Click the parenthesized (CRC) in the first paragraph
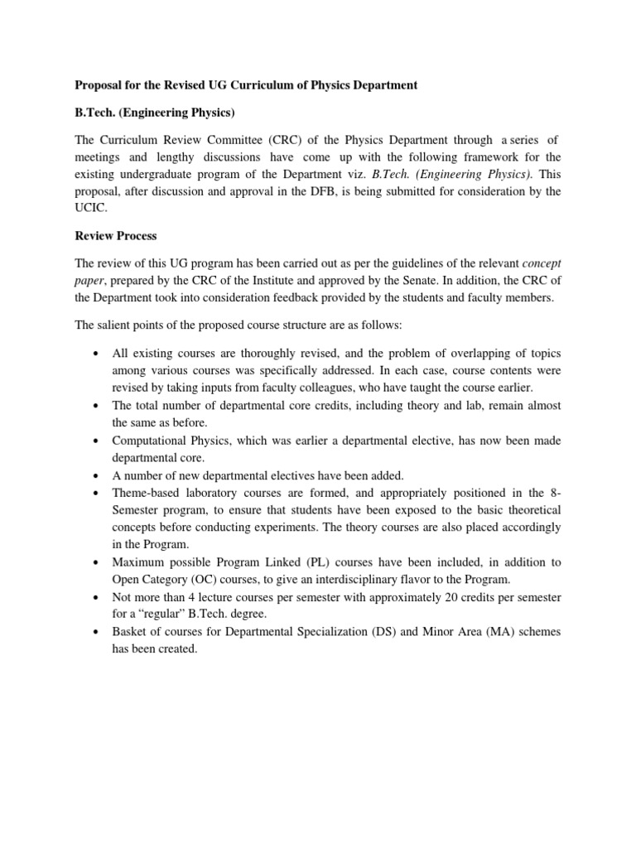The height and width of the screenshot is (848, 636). click(255, 137)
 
